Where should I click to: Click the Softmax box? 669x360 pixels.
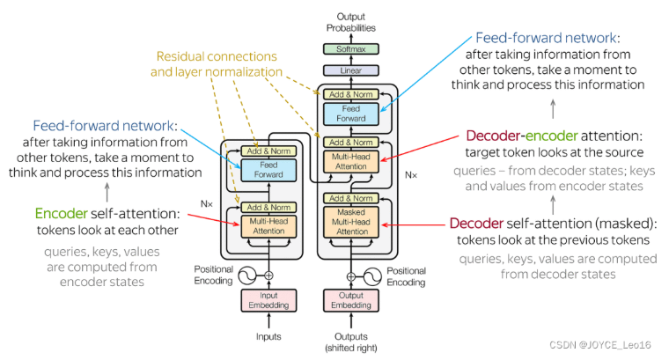click(351, 50)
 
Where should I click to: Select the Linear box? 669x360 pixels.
click(351, 70)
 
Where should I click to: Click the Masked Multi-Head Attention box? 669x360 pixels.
click(351, 225)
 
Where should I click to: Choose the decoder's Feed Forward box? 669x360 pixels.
click(351, 113)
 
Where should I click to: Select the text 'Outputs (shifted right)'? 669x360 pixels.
click(351, 341)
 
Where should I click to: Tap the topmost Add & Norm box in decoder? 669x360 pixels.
click(351, 93)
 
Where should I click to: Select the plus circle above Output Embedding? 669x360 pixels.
click(351, 276)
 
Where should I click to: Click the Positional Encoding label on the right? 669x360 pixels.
click(407, 277)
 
